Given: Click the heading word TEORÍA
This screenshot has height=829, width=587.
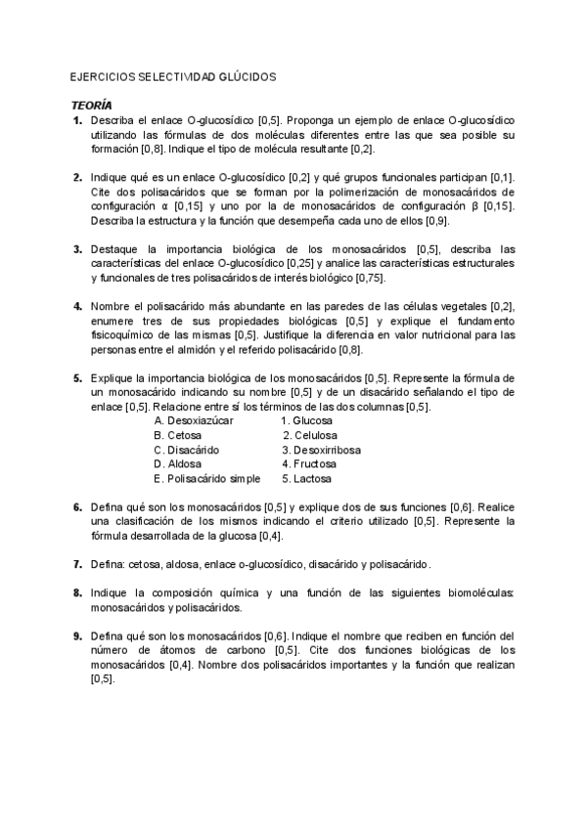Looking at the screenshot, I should [92, 105].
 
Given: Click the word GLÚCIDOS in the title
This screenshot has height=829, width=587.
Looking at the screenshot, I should [246, 75].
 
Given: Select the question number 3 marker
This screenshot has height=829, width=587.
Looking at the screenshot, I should [77, 249].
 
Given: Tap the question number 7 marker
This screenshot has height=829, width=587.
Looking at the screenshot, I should [77, 564].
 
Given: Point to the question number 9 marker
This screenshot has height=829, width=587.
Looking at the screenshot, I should [77, 635].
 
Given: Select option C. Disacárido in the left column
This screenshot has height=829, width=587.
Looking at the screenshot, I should [187, 450].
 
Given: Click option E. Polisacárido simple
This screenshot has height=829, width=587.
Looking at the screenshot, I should [207, 479].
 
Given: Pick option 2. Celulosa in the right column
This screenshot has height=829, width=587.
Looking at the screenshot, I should [310, 435].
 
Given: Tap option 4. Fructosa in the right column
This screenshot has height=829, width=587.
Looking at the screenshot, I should [309, 464].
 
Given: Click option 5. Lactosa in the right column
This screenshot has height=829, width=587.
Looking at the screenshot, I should [307, 479].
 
